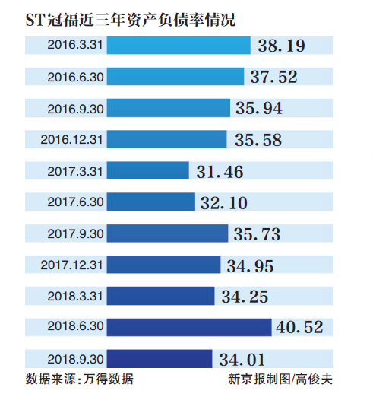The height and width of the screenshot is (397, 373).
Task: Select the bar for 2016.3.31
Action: [x=179, y=46]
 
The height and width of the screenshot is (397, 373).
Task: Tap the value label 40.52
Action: [x=301, y=327]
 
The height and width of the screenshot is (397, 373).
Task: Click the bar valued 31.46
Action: [x=147, y=171]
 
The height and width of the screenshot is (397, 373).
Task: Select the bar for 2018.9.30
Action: [x=159, y=358]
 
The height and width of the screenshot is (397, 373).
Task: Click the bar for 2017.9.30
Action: [x=167, y=233]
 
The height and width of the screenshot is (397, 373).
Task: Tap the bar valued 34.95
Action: [x=165, y=265]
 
